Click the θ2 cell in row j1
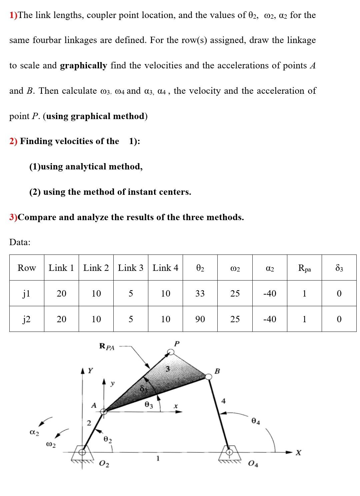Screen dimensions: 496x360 pos(200,294)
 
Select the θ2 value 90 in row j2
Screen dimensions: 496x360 pos(200,319)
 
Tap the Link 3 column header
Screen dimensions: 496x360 pos(131,268)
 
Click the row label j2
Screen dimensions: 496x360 pos(27,319)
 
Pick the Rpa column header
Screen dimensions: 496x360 pos(304,268)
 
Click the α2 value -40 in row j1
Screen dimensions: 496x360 pos(269,294)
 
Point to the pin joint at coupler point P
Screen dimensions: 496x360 pos(171,352)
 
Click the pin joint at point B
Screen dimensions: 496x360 pos(209,377)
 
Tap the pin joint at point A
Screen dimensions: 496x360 pos(104,411)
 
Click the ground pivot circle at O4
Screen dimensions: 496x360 pos(229,452)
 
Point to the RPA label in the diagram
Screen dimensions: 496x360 pos(107,347)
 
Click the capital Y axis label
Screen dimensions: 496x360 pos(90,371)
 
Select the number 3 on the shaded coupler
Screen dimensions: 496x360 pos(168,369)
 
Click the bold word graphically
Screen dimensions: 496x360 pos(83,65)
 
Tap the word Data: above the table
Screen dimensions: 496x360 pos(20,242)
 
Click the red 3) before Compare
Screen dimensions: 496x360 pos(13,217)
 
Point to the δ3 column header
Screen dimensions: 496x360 pos(339,268)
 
